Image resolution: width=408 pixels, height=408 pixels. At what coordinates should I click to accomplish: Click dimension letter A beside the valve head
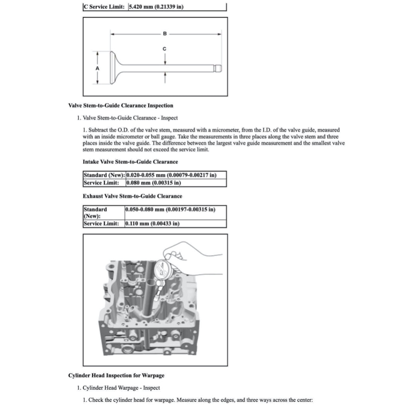97,68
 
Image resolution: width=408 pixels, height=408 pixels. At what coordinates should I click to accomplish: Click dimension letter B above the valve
165,34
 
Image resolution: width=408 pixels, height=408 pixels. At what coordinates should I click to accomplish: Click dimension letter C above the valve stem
165,49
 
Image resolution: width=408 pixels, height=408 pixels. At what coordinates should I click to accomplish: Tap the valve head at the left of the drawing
113,68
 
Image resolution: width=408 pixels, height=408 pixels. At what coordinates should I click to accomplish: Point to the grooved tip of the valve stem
217,68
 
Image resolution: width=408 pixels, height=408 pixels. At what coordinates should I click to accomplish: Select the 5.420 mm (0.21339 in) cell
156,7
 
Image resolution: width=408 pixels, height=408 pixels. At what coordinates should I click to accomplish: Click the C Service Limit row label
106,7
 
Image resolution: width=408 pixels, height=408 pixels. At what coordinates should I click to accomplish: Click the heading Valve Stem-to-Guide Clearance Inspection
121,106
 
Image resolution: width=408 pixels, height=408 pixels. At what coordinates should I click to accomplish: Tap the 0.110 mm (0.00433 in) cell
152,224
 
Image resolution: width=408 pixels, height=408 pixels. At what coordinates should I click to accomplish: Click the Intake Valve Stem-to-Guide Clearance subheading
130,162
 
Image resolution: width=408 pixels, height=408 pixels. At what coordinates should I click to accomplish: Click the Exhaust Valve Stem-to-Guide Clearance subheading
132,196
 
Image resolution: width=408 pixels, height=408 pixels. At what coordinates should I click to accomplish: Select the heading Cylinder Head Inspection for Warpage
116,375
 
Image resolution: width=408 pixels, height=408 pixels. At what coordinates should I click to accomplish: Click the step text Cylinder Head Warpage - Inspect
121,388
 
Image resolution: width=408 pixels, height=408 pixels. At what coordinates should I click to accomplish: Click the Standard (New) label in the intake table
104,175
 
